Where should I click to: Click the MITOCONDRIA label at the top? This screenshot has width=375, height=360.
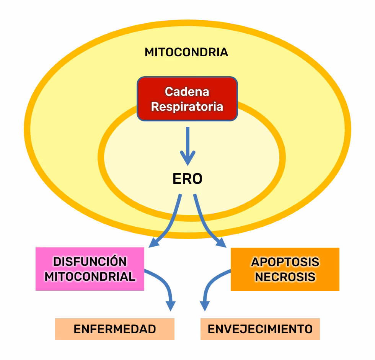click(x=186, y=52)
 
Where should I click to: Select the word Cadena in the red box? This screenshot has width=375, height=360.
click(x=187, y=92)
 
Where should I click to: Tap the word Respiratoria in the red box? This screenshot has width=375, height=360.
click(x=187, y=106)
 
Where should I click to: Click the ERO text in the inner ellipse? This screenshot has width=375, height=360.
click(x=187, y=179)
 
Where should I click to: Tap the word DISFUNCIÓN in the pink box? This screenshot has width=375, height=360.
click(x=90, y=262)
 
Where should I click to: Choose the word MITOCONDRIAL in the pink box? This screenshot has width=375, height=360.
click(x=90, y=277)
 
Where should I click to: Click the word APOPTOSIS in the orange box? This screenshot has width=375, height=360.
click(x=285, y=262)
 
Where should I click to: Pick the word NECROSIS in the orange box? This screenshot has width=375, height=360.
click(x=285, y=277)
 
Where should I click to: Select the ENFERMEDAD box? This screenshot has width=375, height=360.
click(x=115, y=329)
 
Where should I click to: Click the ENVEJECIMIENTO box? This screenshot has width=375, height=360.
click(x=260, y=329)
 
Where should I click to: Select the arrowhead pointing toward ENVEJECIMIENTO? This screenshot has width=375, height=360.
click(x=205, y=306)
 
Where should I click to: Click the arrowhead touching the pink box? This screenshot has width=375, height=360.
click(x=154, y=242)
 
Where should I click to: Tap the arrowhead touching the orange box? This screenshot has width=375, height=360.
click(x=221, y=242)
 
